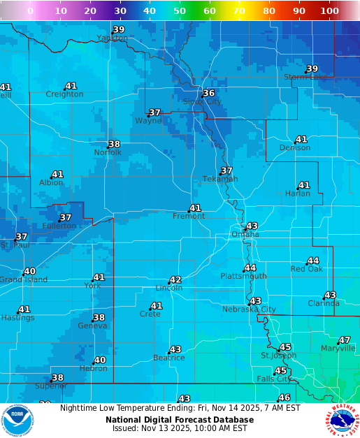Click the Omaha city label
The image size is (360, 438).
click(x=245, y=235)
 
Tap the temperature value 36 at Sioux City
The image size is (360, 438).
click(x=208, y=93)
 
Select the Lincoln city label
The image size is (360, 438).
click(x=168, y=288)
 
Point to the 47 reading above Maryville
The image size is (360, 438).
click(x=344, y=340)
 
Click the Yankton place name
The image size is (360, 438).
click(x=112, y=38)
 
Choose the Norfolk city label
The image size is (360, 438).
click(x=108, y=152)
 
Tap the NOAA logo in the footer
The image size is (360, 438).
click(x=17, y=421)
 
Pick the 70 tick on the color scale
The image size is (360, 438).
click(x=239, y=11)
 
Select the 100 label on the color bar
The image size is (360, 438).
click(x=329, y=11)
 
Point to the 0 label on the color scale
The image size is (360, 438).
click(x=30, y=11)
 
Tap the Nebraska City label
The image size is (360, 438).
click(x=249, y=309)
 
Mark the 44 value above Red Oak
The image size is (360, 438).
click(x=313, y=261)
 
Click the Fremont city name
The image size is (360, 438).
click(x=189, y=217)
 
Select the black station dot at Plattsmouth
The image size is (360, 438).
click(x=244, y=270)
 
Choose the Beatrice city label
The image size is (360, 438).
click(x=168, y=358)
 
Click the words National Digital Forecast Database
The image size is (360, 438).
click(x=180, y=420)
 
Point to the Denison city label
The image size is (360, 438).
click(x=294, y=148)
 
